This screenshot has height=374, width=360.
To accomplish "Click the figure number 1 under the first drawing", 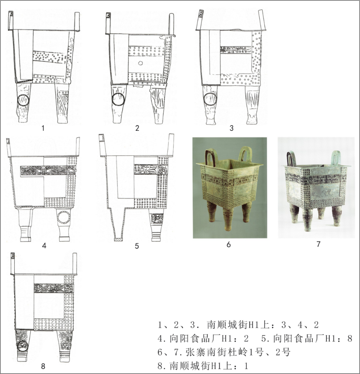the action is click(x=43, y=128).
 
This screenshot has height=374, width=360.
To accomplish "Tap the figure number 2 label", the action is click(x=137, y=128).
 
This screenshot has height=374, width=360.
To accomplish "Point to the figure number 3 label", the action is click(x=232, y=128).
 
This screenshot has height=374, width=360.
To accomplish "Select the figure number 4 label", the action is click(x=44, y=245).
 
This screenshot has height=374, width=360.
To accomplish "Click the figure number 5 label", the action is click(x=137, y=246).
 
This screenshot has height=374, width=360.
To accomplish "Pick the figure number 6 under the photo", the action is click(x=229, y=245).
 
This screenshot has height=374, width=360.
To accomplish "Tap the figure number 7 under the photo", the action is click(x=318, y=244).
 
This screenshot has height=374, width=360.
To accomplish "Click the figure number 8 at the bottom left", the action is click(x=43, y=365).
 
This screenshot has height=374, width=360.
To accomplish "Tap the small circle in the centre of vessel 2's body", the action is click(x=140, y=63).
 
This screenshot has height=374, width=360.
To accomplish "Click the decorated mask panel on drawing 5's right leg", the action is click(x=157, y=219).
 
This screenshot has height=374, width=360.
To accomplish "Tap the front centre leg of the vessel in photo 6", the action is click(x=228, y=219).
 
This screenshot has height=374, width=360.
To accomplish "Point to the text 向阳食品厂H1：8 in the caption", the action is click(x=313, y=339).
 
